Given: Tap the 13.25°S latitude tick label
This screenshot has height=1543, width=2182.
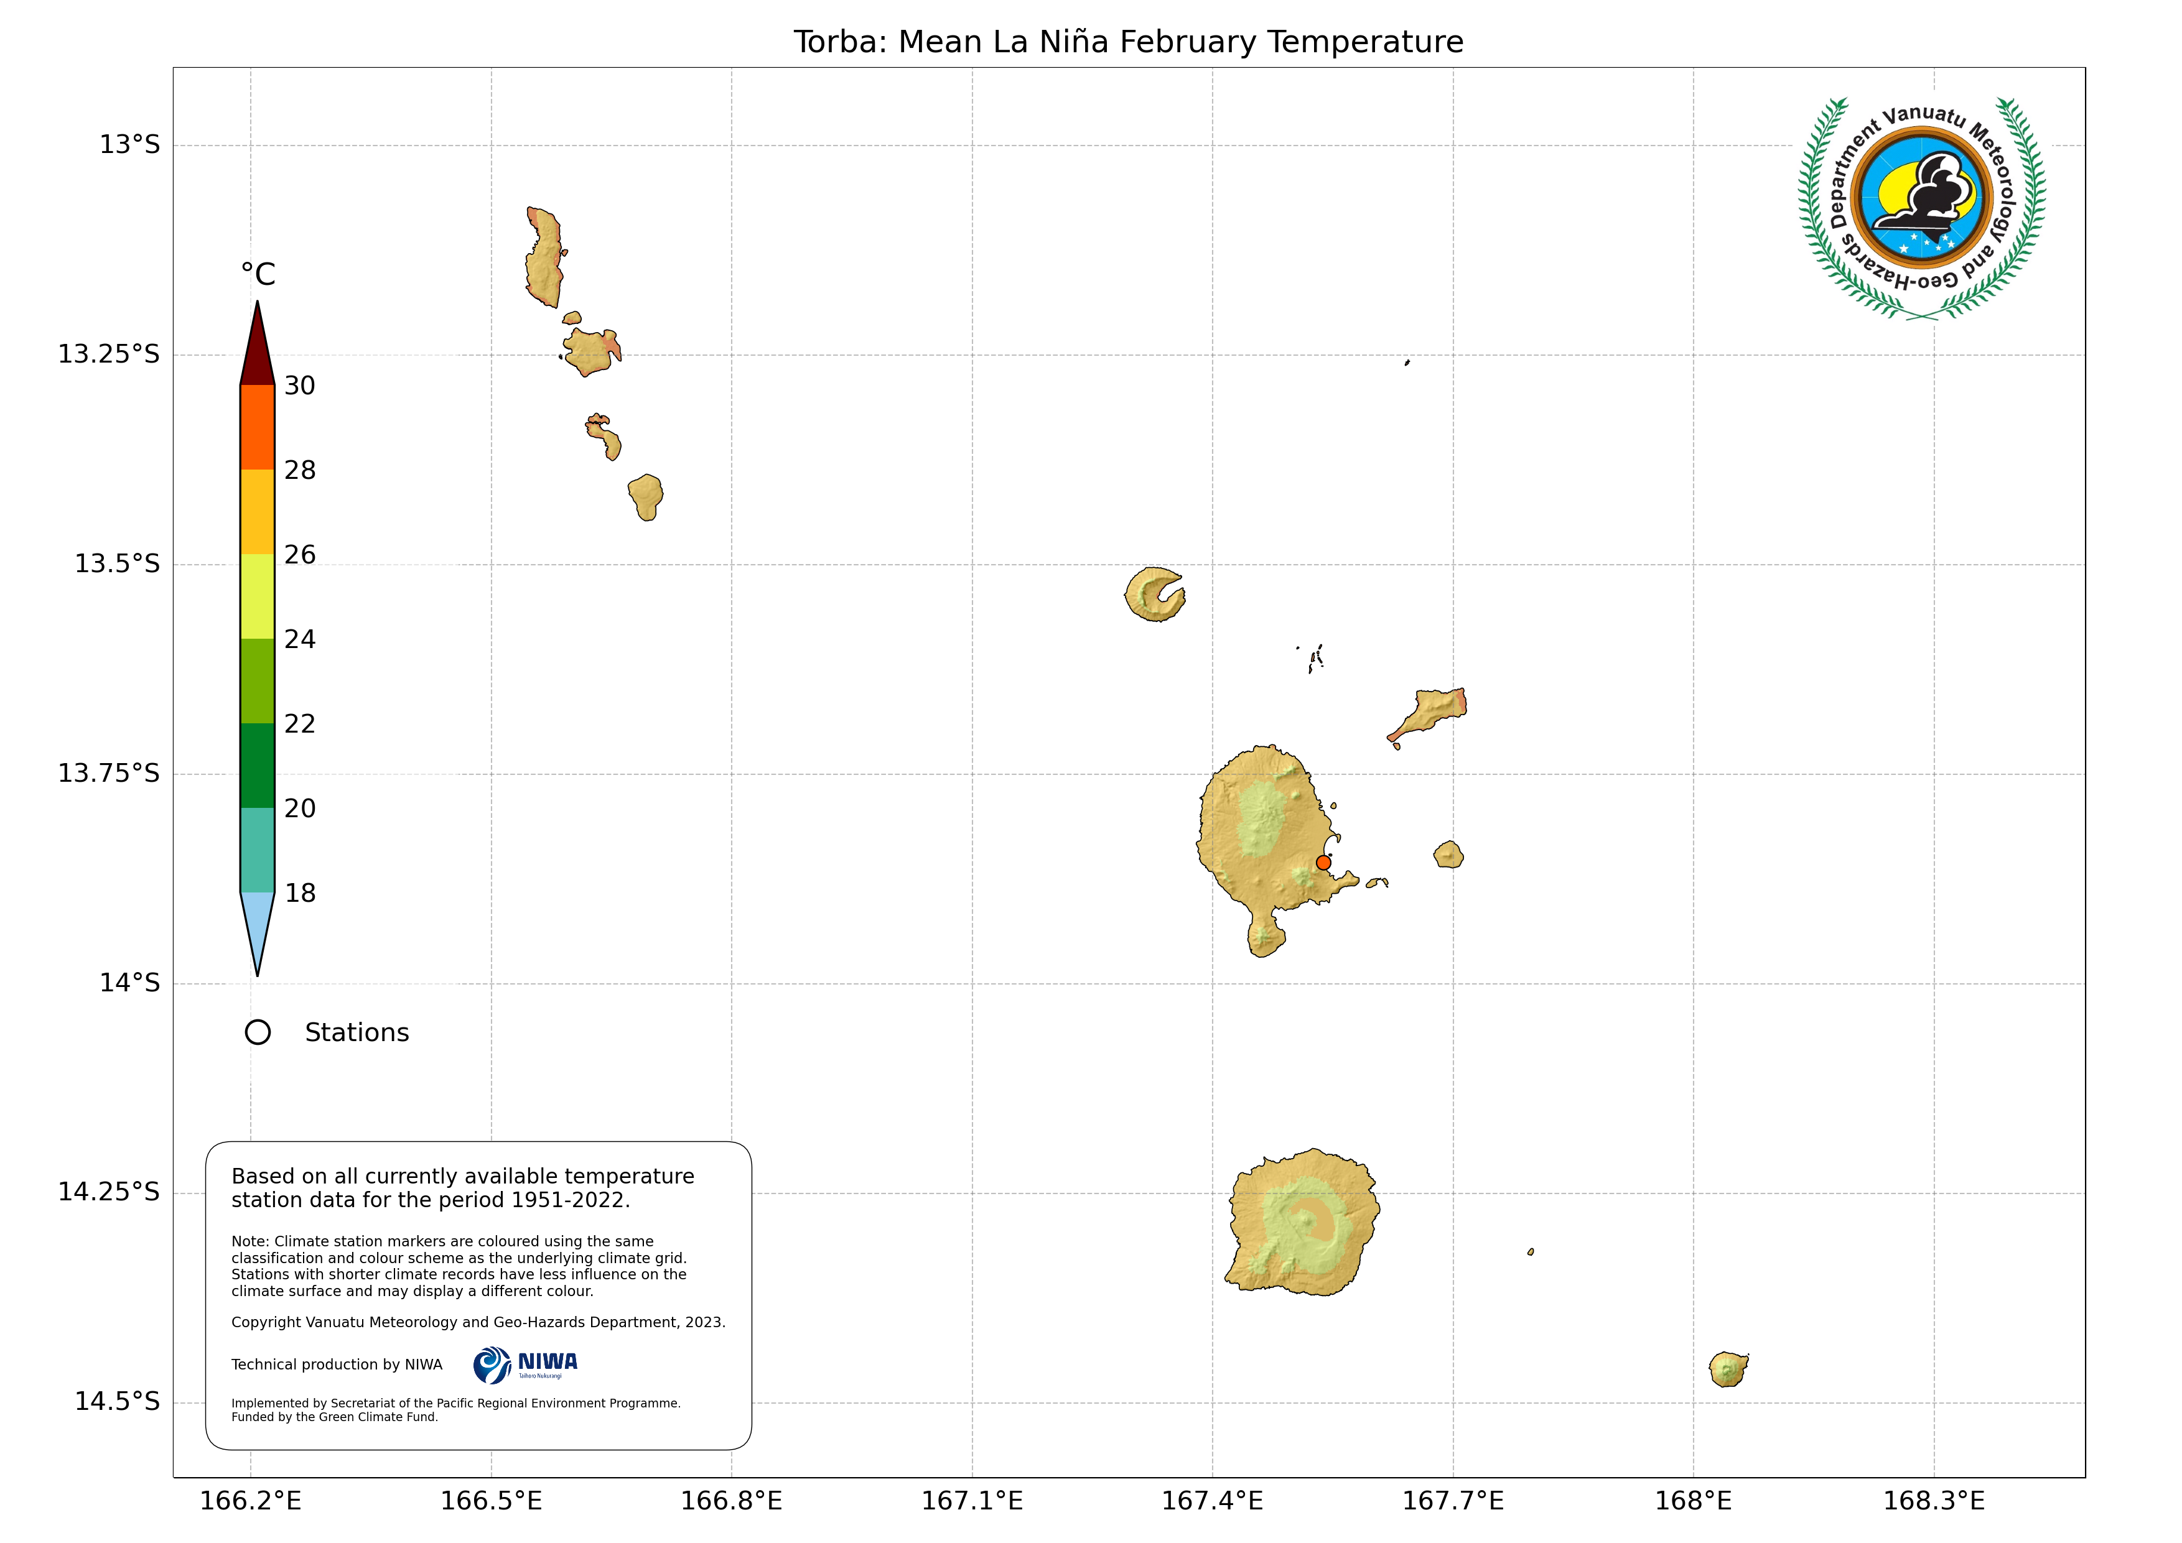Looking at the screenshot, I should (x=108, y=354).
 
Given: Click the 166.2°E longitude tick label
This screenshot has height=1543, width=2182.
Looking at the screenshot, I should (x=250, y=1501).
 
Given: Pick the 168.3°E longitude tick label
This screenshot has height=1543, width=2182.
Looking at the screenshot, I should (x=1933, y=1501).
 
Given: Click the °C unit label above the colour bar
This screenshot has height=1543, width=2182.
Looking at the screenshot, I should (x=258, y=275).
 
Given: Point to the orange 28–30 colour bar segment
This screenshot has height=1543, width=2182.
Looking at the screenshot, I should (x=258, y=427).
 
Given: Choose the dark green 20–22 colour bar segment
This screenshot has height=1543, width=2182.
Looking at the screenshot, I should (x=258, y=766).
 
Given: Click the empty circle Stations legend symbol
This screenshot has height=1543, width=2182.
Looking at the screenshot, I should (x=258, y=1033).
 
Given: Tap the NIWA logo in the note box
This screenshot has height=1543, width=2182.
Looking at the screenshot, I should (x=526, y=1365).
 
